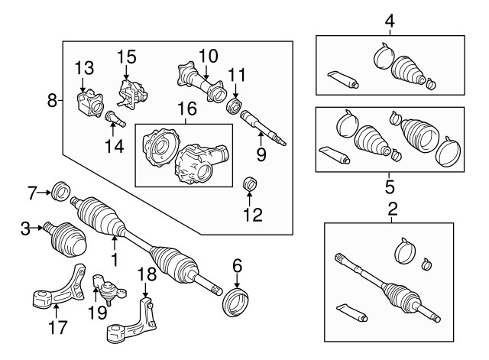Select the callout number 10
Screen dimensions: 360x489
(x=209, y=55)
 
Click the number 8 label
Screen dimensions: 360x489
(x=52, y=99)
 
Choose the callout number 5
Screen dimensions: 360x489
(x=390, y=185)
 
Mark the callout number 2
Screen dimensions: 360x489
(x=392, y=208)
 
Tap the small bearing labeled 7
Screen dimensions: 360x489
(x=59, y=190)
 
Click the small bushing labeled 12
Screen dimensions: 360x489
(x=248, y=186)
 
